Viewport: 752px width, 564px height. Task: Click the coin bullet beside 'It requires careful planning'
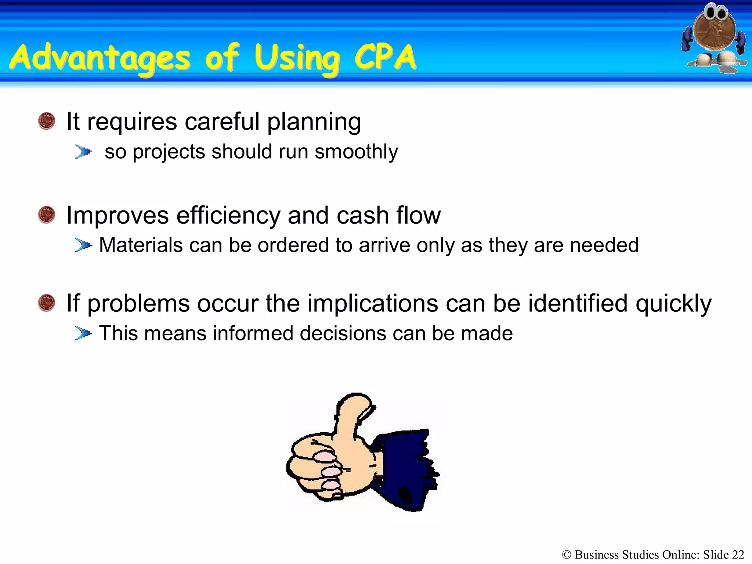pyautogui.click(x=47, y=121)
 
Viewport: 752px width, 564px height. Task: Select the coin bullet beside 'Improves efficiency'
pyautogui.click(x=47, y=215)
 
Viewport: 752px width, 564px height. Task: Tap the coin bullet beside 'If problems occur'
pyautogui.click(x=47, y=303)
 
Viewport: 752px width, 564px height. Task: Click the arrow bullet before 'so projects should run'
pyautogui.click(x=83, y=152)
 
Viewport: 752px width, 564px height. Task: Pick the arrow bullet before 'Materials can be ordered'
pyautogui.click(x=83, y=245)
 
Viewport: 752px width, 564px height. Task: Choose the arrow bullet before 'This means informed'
pyautogui.click(x=83, y=333)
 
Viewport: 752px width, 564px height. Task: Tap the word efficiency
pyautogui.click(x=228, y=215)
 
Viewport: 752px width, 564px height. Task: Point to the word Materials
pyautogui.click(x=141, y=245)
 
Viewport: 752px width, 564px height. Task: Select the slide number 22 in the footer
pyautogui.click(x=738, y=554)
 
